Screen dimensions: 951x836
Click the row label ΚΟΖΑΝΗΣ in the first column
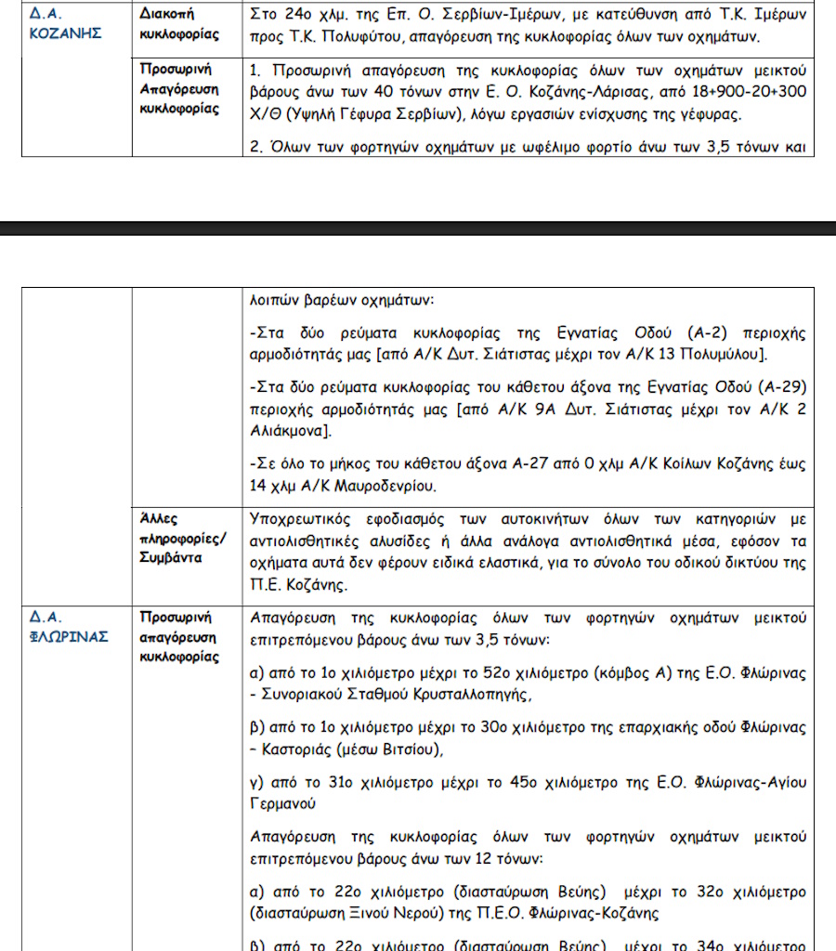[65, 34]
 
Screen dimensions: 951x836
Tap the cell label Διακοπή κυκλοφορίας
[180, 24]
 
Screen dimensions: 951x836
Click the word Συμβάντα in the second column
[172, 557]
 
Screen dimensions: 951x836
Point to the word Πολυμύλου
[720, 355]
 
